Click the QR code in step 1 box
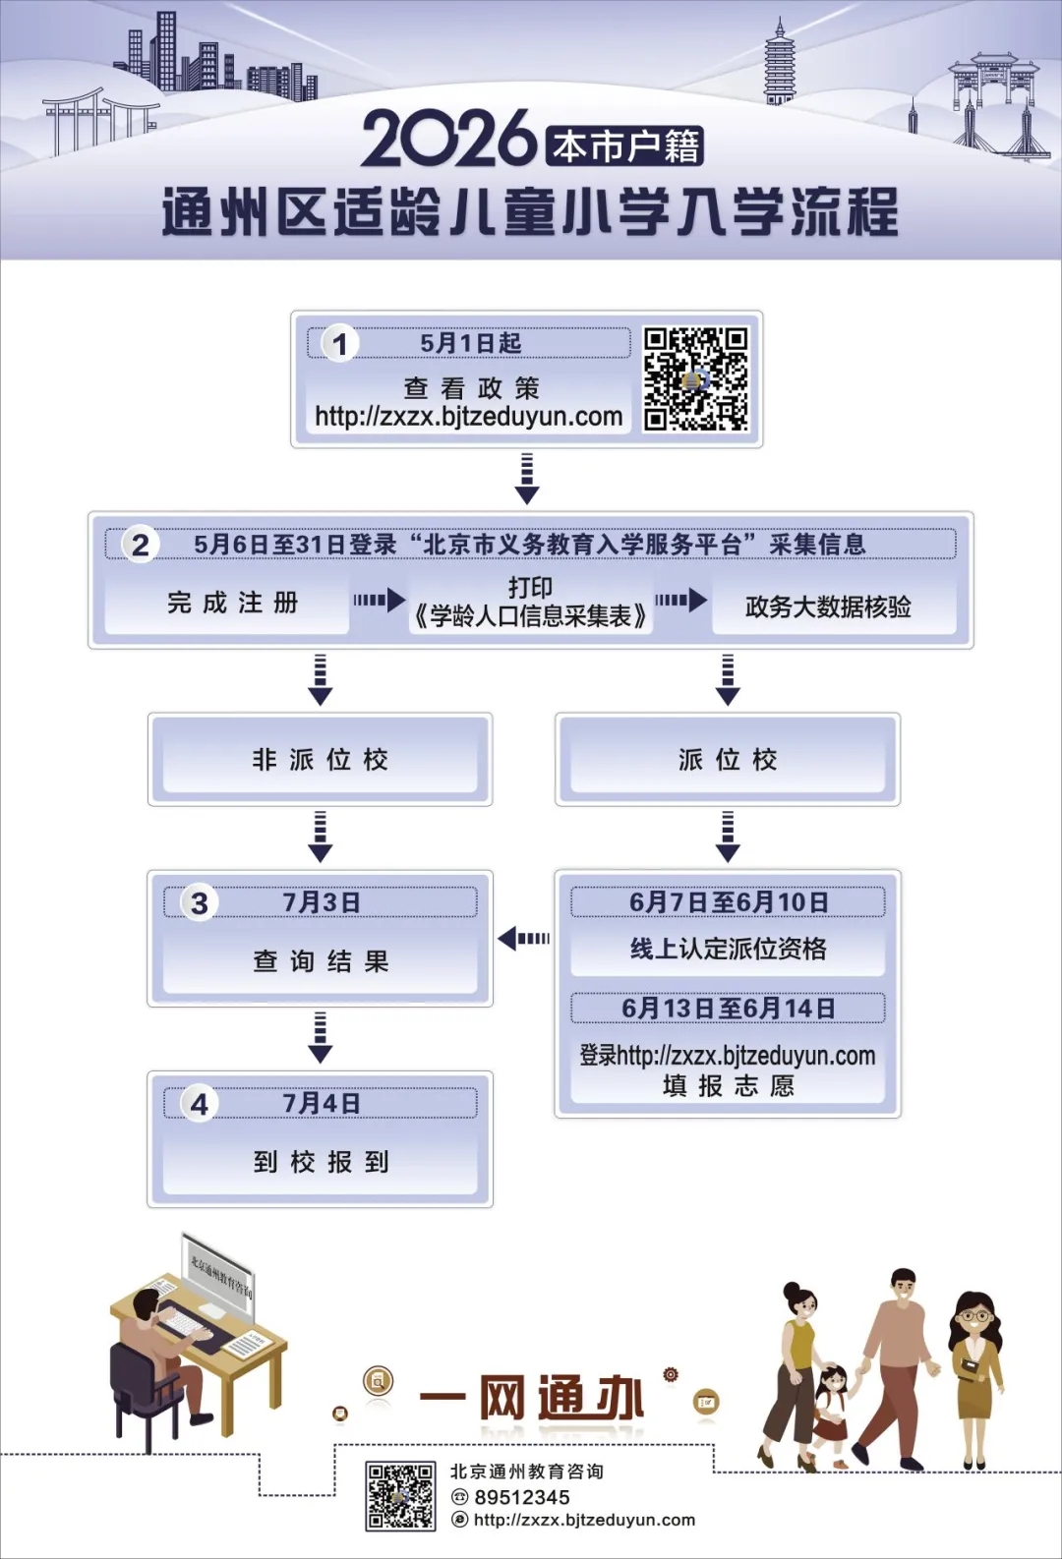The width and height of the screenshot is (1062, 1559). pyautogui.click(x=696, y=379)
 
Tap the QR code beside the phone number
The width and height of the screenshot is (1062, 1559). pyautogui.click(x=400, y=1496)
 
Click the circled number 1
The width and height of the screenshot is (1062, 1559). pyautogui.click(x=340, y=344)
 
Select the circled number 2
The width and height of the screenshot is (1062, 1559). pyautogui.click(x=141, y=545)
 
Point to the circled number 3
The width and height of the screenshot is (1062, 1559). pyautogui.click(x=200, y=902)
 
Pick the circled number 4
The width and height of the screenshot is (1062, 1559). pyautogui.click(x=200, y=1104)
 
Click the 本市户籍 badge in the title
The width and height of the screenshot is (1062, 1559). pyautogui.click(x=625, y=146)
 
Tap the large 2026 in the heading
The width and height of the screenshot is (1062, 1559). pyautogui.click(x=448, y=139)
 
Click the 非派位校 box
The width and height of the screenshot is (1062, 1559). pyautogui.click(x=320, y=759)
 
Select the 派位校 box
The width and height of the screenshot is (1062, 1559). pyautogui.click(x=728, y=759)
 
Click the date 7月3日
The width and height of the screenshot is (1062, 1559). pyautogui.click(x=322, y=902)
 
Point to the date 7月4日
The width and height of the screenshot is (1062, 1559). pyautogui.click(x=322, y=1104)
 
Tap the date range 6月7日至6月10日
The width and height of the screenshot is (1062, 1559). pyautogui.click(x=728, y=902)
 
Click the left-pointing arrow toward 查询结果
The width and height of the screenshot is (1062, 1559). pyautogui.click(x=523, y=939)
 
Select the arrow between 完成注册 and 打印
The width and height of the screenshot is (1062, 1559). pyautogui.click(x=379, y=600)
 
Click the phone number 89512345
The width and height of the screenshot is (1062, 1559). pyautogui.click(x=522, y=1497)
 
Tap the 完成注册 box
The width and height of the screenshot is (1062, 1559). pyautogui.click(x=232, y=603)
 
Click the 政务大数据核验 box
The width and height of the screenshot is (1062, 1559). pyautogui.click(x=828, y=606)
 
